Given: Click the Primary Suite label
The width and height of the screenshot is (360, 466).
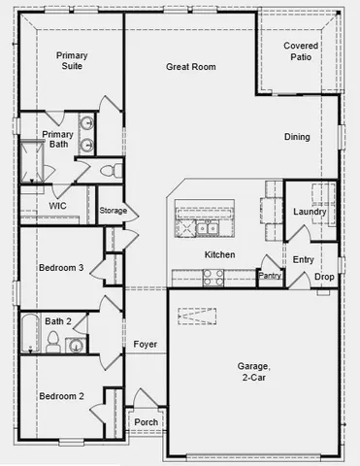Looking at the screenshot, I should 72,61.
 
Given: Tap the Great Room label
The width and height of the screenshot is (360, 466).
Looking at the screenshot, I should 190,67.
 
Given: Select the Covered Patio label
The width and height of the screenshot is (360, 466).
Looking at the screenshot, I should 302,51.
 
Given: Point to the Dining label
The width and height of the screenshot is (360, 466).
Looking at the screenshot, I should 297,137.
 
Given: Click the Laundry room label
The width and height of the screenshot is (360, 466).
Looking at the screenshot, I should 310,212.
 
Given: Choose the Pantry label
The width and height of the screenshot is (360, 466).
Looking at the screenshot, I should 270,277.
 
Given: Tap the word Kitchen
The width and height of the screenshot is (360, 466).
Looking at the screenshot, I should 220,254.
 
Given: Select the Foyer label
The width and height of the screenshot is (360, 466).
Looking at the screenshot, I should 145,344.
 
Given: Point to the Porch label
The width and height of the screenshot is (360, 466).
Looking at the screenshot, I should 146,422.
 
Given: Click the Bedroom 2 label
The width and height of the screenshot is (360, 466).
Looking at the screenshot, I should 61,396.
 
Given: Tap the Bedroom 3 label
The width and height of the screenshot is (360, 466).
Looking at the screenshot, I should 61,268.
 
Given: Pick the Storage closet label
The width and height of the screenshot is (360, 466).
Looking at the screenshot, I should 113,211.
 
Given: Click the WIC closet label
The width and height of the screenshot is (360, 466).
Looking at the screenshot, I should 57,206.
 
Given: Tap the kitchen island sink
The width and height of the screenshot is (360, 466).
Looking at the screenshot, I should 207,228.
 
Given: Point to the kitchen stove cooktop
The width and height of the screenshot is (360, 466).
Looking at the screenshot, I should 212,275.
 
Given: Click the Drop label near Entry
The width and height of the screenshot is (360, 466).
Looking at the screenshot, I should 324,277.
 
